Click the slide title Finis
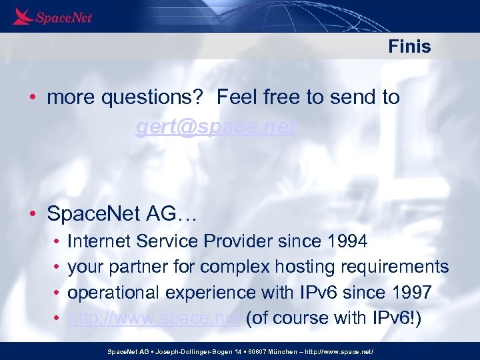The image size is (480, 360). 409,47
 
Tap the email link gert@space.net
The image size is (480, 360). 215,127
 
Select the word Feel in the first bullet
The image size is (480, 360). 238,97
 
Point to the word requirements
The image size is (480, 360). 395,267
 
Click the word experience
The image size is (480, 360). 213,292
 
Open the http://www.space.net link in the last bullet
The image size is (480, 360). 154,318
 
